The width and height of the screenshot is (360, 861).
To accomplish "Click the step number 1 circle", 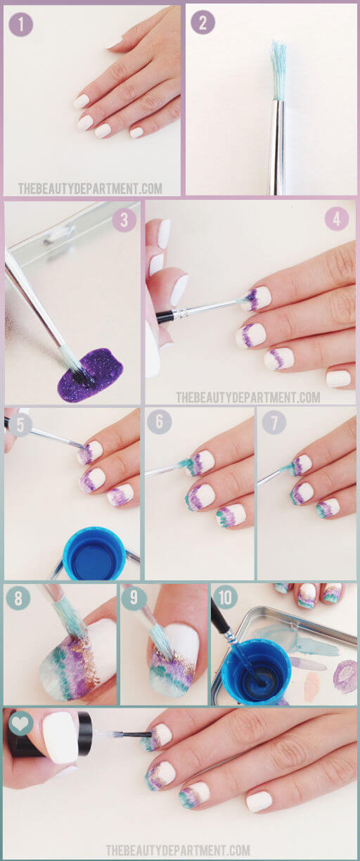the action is tap(21, 25).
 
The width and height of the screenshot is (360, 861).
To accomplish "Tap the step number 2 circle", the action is tap(202, 23).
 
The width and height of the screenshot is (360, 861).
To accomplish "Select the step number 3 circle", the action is tap(124, 220).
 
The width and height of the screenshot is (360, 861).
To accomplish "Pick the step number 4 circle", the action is tap(337, 219).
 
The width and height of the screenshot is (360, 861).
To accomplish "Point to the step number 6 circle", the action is tap(159, 422).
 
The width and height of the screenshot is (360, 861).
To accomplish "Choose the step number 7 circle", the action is tap(274, 422).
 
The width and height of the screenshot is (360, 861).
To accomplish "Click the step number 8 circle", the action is tap(18, 598).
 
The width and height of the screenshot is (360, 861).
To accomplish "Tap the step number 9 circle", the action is tap(134, 598).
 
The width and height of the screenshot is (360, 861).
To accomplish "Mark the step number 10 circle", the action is tap(225, 597).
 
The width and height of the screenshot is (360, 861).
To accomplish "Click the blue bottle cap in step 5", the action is tap(94, 554).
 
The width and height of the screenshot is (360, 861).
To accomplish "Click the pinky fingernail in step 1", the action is tap(136, 133).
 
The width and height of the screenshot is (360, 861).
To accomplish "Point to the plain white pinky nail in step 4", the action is tap(338, 378).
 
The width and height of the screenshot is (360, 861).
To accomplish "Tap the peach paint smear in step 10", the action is tap(311, 686).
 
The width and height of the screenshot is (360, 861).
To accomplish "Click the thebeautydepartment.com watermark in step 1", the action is tap(90, 189).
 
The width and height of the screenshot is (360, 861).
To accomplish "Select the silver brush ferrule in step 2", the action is tap(278, 147).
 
